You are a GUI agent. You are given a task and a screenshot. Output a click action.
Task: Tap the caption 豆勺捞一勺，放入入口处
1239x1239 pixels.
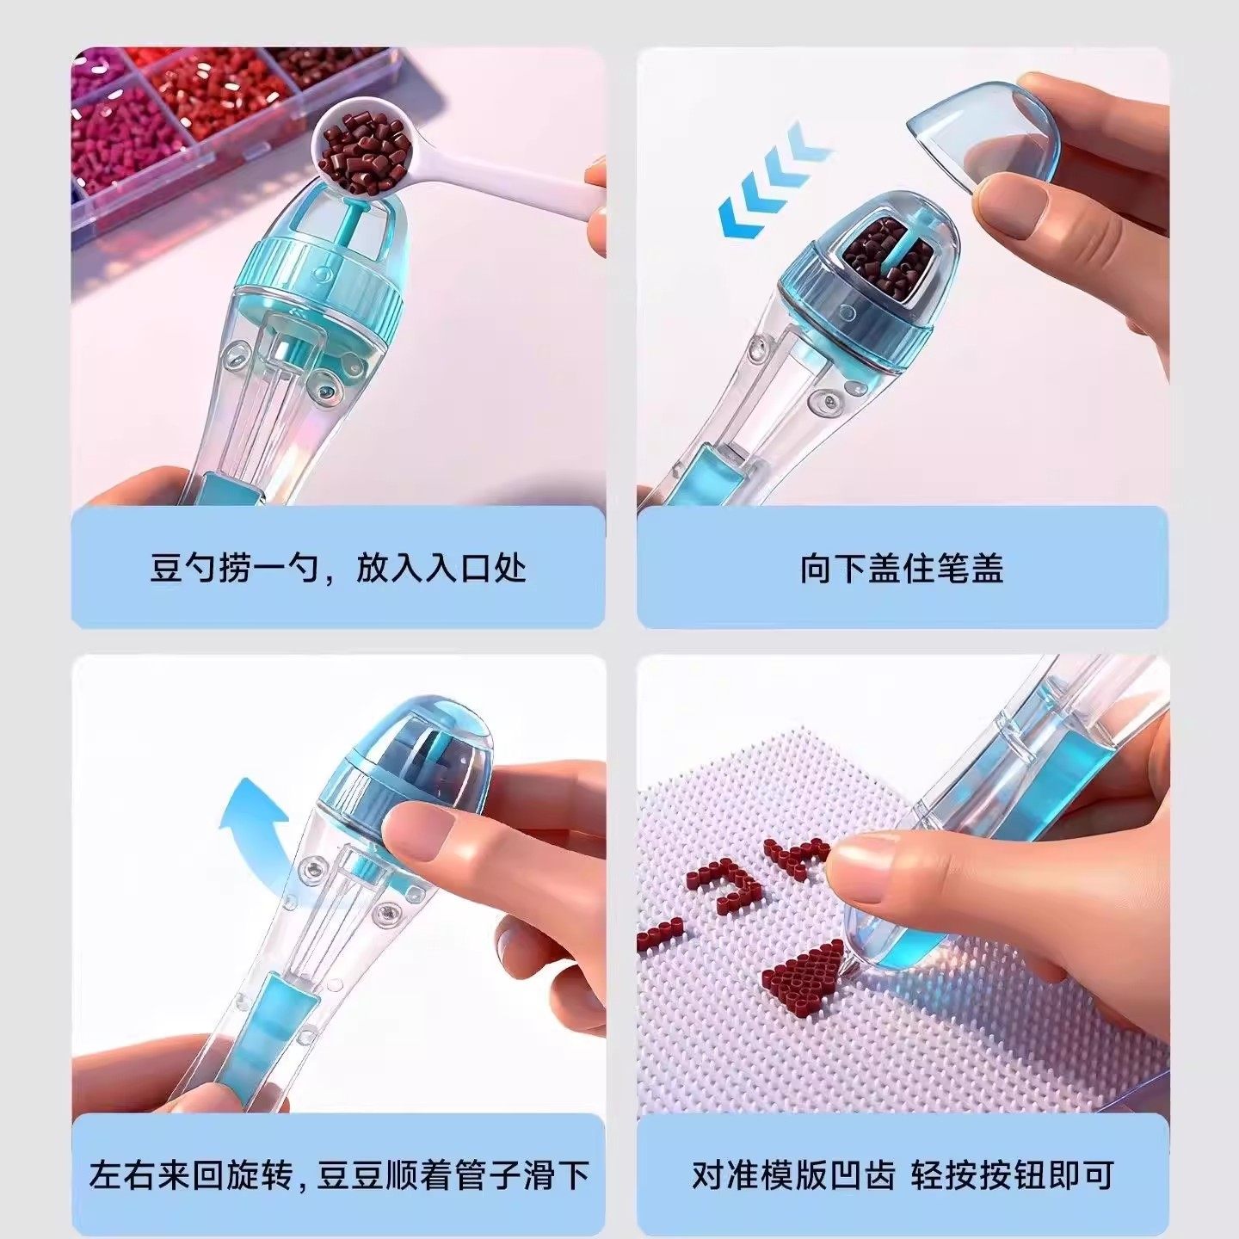(338, 569)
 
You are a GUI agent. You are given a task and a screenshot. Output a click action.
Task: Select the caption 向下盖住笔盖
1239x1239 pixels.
(902, 569)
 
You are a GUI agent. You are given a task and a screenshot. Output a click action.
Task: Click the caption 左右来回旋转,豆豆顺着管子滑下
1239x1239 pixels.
(338, 1174)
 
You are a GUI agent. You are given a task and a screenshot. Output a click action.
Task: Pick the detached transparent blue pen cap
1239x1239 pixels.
(981, 129)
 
